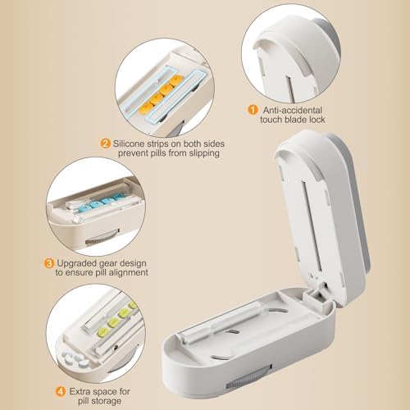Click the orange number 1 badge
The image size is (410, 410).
click(253, 110)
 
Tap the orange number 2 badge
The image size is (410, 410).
click(105, 143)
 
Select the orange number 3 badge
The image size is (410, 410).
click(49, 263)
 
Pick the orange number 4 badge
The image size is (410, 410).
click(61, 391)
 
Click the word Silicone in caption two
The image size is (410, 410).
click(129, 143)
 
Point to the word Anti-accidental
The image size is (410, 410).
click(293, 110)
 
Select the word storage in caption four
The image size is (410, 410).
click(107, 401)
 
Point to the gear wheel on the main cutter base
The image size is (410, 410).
click(247, 379)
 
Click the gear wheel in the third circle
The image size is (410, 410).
click(102, 237)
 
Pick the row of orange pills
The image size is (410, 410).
click(161, 94)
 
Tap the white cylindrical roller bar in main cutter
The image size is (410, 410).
click(221, 321)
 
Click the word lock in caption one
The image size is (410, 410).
click(317, 120)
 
